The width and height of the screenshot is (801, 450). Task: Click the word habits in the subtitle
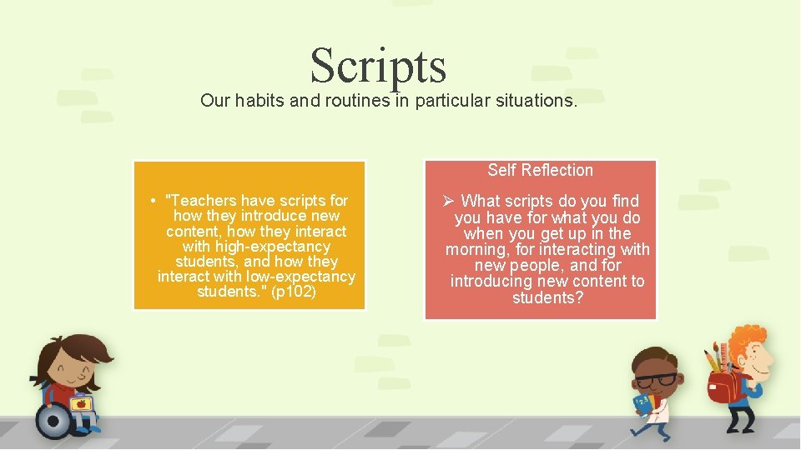(x=259, y=101)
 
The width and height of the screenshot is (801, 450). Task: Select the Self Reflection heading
(x=540, y=170)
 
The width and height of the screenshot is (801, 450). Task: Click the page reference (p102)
(x=294, y=292)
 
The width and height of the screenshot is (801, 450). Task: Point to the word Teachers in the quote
(x=200, y=201)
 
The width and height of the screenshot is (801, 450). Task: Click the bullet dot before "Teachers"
(x=154, y=202)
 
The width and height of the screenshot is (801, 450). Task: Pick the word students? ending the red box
(x=547, y=297)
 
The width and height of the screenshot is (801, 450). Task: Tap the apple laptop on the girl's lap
(x=80, y=404)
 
